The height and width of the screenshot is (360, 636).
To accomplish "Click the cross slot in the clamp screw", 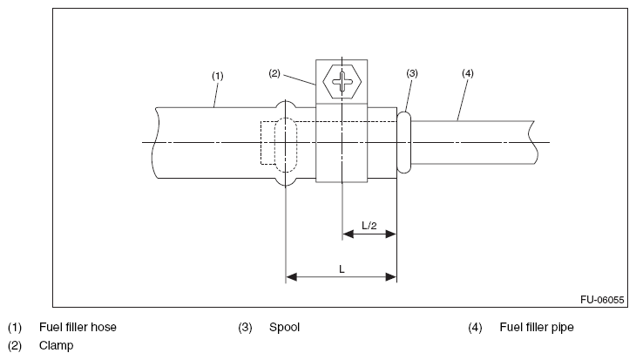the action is (342, 82).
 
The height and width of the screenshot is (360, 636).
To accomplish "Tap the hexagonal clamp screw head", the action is (342, 82).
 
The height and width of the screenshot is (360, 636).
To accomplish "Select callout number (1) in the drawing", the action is (218, 76).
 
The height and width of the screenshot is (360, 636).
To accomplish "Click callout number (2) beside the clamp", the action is (274, 73).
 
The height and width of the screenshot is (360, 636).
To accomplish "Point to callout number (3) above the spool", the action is (412, 73).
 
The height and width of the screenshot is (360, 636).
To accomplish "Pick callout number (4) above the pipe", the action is (468, 73).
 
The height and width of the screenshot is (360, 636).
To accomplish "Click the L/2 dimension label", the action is (369, 225).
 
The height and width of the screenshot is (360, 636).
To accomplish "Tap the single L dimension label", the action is (342, 269).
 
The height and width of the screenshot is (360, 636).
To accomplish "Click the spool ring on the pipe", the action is (404, 142).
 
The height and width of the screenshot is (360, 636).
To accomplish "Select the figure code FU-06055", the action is (602, 300).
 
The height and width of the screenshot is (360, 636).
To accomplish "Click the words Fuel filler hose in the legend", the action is (78, 327).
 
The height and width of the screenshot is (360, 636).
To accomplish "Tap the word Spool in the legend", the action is (284, 328).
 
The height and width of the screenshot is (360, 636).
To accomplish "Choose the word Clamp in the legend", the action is (57, 346).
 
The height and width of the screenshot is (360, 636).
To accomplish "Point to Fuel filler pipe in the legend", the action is (537, 328).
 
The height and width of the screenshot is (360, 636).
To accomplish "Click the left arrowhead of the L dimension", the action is (291, 277).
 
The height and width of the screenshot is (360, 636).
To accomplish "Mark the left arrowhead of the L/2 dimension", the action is (348, 234).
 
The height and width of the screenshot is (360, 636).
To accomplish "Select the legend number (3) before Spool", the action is (245, 328).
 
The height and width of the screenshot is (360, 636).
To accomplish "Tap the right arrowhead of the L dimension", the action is (391, 277).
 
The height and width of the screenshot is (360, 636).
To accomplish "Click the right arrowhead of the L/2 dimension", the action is (391, 234).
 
